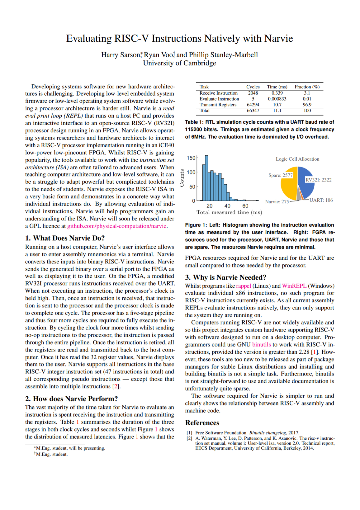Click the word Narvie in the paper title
tap(278, 38)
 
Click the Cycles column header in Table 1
tap(253, 87)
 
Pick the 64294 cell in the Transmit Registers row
tap(253, 105)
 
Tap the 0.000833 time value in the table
tap(277, 99)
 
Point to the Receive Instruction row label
tap(218, 93)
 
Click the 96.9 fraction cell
tap(307, 105)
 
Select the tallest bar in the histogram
tap(206, 178)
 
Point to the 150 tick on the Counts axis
tap(191, 158)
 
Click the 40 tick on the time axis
tap(227, 206)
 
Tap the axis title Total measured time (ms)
tap(229, 212)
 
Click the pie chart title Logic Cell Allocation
tap(297, 159)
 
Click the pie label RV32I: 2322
tap(318, 180)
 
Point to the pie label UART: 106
tap(321, 200)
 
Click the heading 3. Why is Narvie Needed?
tap(225, 277)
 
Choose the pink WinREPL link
tap(294, 286)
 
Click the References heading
tap(202, 423)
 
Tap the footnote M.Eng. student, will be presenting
tap(70, 448)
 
